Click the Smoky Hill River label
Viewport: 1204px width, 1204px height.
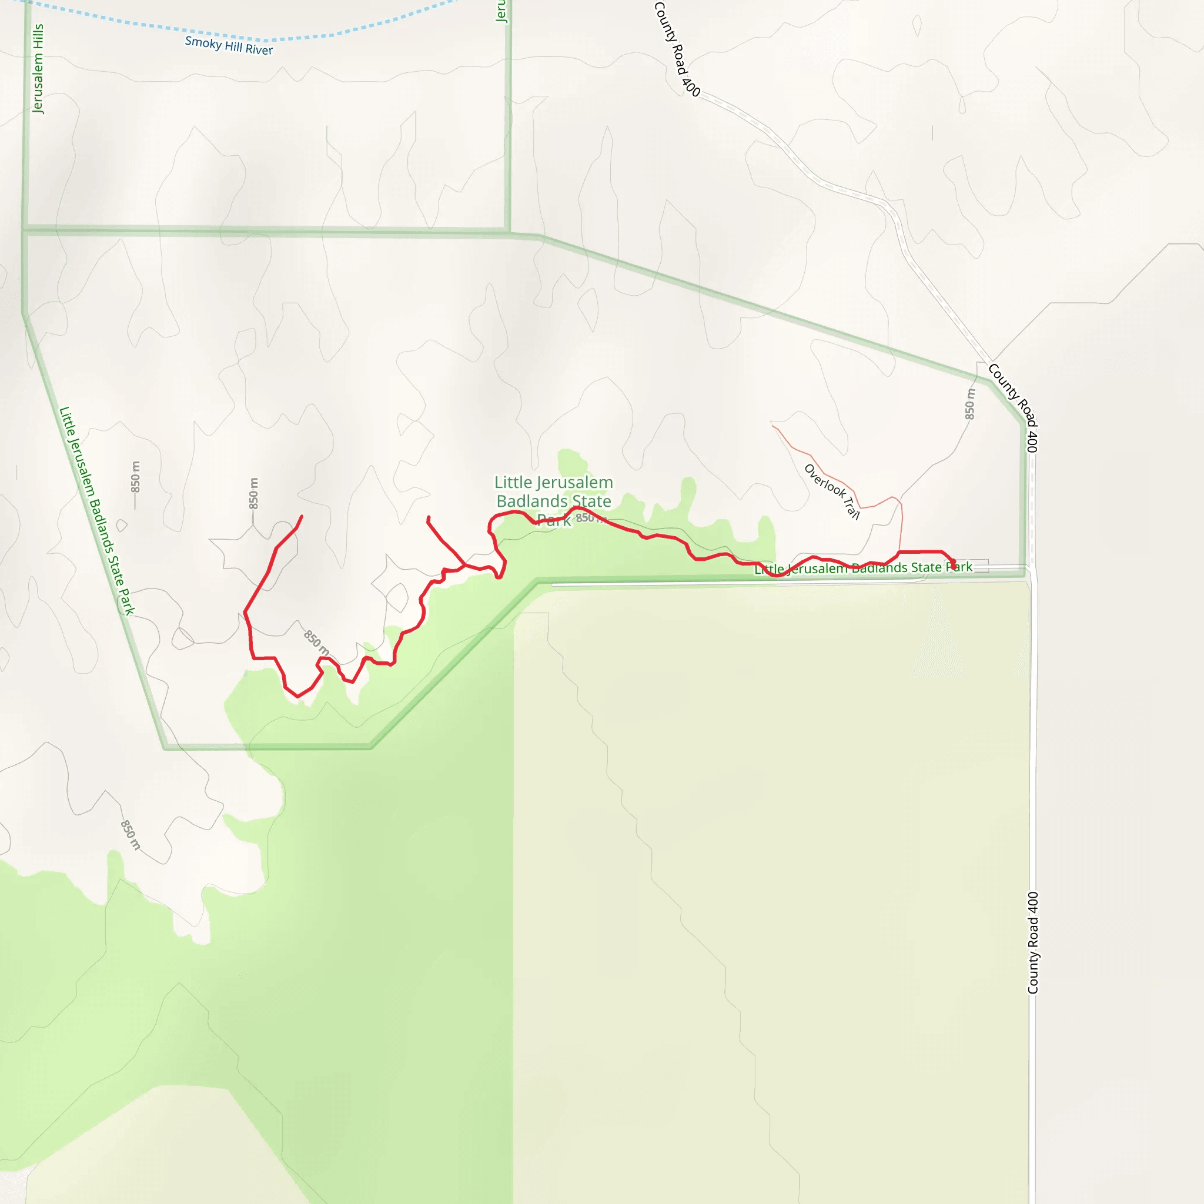point(229,45)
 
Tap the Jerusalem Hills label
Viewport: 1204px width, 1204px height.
point(38,69)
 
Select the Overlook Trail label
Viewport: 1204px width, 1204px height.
point(831,491)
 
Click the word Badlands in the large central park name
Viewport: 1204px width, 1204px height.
point(553,501)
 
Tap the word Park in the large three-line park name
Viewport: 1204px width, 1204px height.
point(553,520)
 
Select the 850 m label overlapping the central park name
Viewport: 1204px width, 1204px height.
point(589,518)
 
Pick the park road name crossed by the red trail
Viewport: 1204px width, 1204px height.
point(863,568)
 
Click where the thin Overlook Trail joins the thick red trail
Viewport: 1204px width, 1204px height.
point(899,552)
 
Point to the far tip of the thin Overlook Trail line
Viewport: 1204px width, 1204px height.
point(772,426)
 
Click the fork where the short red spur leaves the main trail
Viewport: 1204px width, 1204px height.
point(465,565)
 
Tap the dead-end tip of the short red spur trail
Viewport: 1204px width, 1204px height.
point(428,517)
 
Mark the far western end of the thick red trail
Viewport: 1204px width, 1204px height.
point(302,516)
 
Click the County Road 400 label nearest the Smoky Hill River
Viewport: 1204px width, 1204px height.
point(677,49)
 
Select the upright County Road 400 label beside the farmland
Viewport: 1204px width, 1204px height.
point(1032,942)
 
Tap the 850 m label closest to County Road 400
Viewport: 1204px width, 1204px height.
point(969,404)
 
